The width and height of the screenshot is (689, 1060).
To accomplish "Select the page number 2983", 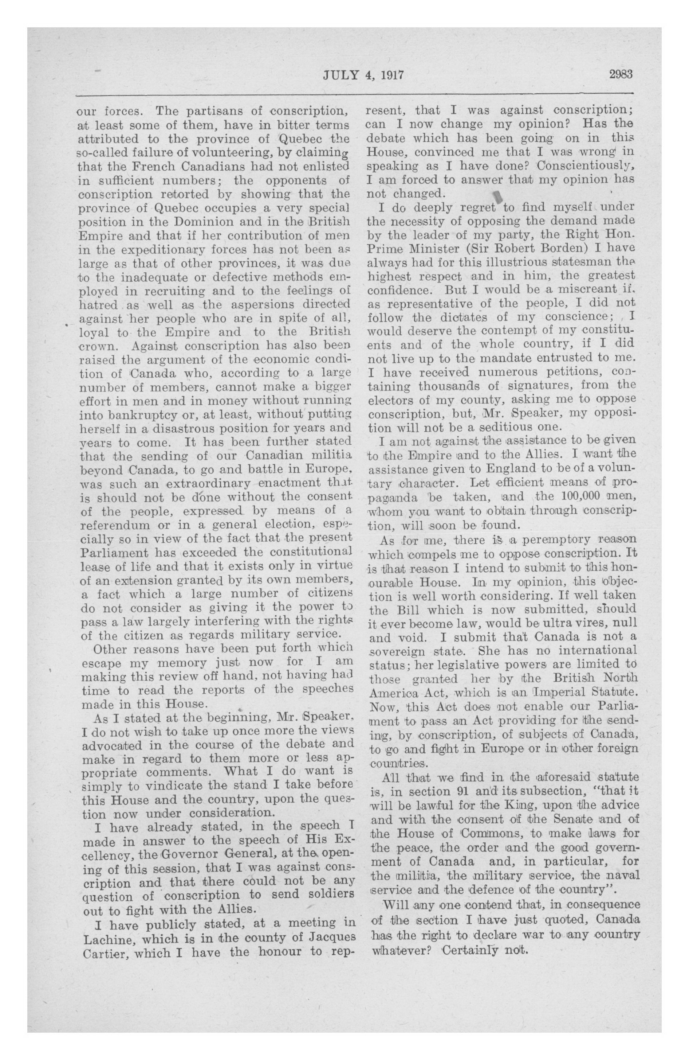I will point(620,74).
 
